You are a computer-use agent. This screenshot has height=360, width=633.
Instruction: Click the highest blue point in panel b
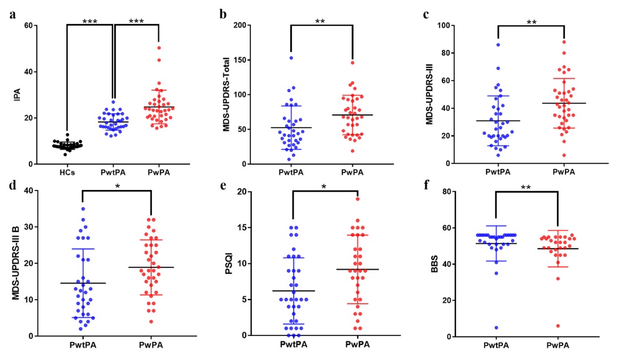click(291, 58)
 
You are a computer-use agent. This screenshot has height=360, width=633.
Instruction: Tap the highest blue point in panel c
click(498, 45)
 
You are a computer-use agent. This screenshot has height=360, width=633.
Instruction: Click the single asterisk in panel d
click(117, 186)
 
